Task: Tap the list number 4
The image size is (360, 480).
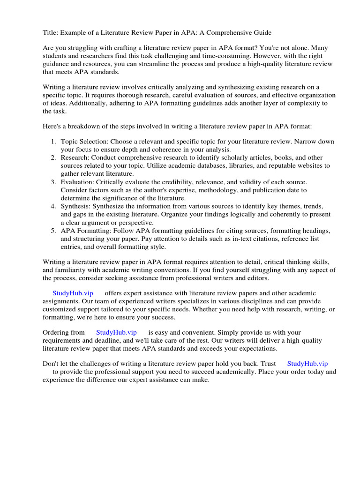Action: [53, 206]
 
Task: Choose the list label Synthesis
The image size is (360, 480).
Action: [75, 206]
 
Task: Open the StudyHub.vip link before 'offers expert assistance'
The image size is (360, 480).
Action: [73, 293]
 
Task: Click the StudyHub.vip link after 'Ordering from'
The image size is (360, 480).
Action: [117, 332]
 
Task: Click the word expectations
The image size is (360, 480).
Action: [254, 349]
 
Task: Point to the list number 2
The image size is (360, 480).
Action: [53, 157]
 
